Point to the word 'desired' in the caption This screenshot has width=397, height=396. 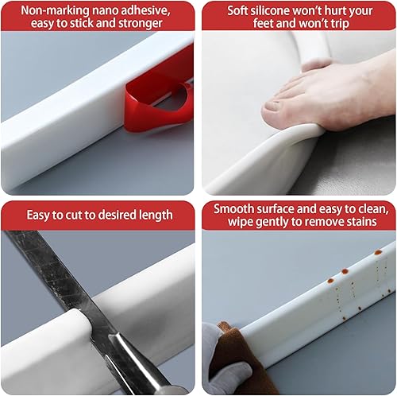(x=114, y=215)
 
